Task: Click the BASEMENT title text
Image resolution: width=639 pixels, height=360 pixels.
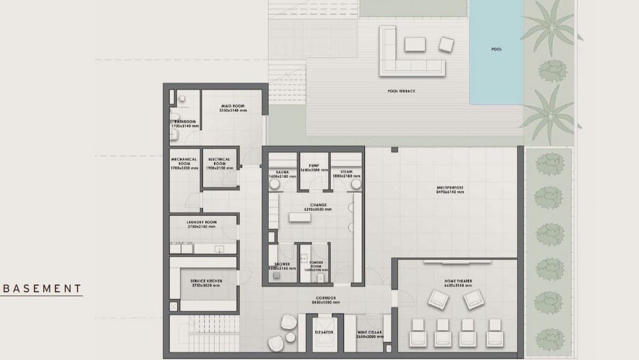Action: point(42,289)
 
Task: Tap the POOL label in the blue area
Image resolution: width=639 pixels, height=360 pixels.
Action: point(496,50)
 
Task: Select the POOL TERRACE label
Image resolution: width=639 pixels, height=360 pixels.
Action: point(401,91)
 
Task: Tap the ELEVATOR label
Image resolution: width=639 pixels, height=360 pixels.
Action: point(324,332)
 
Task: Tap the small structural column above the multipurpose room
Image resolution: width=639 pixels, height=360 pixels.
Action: point(395,150)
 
